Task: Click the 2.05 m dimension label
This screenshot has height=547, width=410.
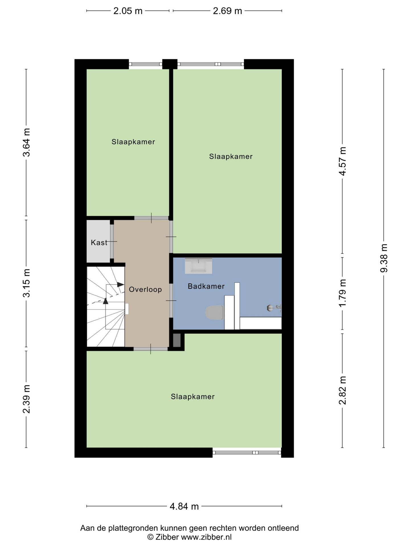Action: tap(128, 11)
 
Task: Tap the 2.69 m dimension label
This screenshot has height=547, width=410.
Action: tap(227, 11)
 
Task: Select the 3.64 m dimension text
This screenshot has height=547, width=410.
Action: tap(27, 142)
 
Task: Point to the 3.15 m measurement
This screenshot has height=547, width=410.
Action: tap(27, 283)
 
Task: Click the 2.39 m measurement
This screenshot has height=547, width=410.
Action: tap(27, 399)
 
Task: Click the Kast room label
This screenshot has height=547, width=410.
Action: tap(99, 242)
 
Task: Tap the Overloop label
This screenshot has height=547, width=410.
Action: tap(145, 289)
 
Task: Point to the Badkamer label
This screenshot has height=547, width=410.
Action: tap(206, 286)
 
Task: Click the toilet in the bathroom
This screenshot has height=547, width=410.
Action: tap(215, 313)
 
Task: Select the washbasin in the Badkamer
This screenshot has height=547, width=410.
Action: tap(198, 266)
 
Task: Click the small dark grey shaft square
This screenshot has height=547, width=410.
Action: tap(177, 340)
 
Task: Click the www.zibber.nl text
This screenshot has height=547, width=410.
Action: tap(206, 537)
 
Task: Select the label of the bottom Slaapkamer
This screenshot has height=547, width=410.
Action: tap(193, 397)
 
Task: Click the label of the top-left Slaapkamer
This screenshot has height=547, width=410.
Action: tap(133, 142)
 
